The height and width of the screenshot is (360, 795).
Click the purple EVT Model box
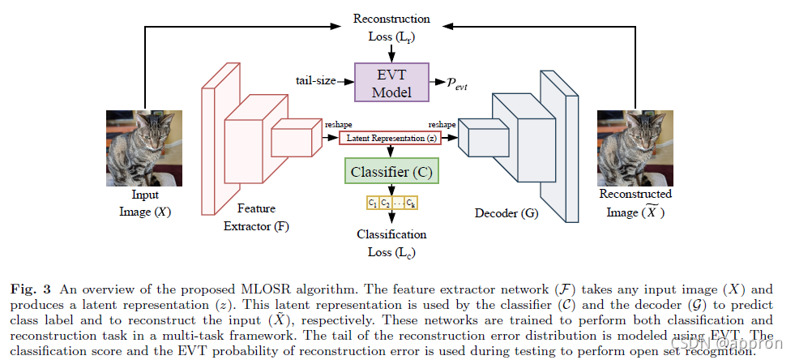[x=391, y=81]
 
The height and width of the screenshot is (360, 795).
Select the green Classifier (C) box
[x=391, y=172]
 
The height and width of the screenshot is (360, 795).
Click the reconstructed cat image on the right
[x=635, y=148]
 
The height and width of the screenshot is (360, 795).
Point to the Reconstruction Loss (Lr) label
[x=391, y=27]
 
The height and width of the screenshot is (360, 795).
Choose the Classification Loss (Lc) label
[x=391, y=242]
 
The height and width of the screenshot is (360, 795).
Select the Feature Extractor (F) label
[x=256, y=216]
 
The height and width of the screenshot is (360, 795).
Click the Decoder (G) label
[x=507, y=215]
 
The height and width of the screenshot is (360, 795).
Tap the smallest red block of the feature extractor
[x=290, y=138]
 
